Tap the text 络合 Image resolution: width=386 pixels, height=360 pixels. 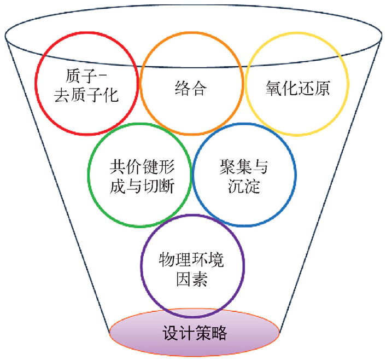click(191, 89)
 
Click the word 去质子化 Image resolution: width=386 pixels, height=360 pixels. click(87, 96)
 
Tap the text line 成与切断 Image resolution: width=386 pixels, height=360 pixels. click(142, 186)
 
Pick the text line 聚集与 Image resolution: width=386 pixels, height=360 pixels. click(244, 165)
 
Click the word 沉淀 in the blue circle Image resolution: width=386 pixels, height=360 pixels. click(244, 186)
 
